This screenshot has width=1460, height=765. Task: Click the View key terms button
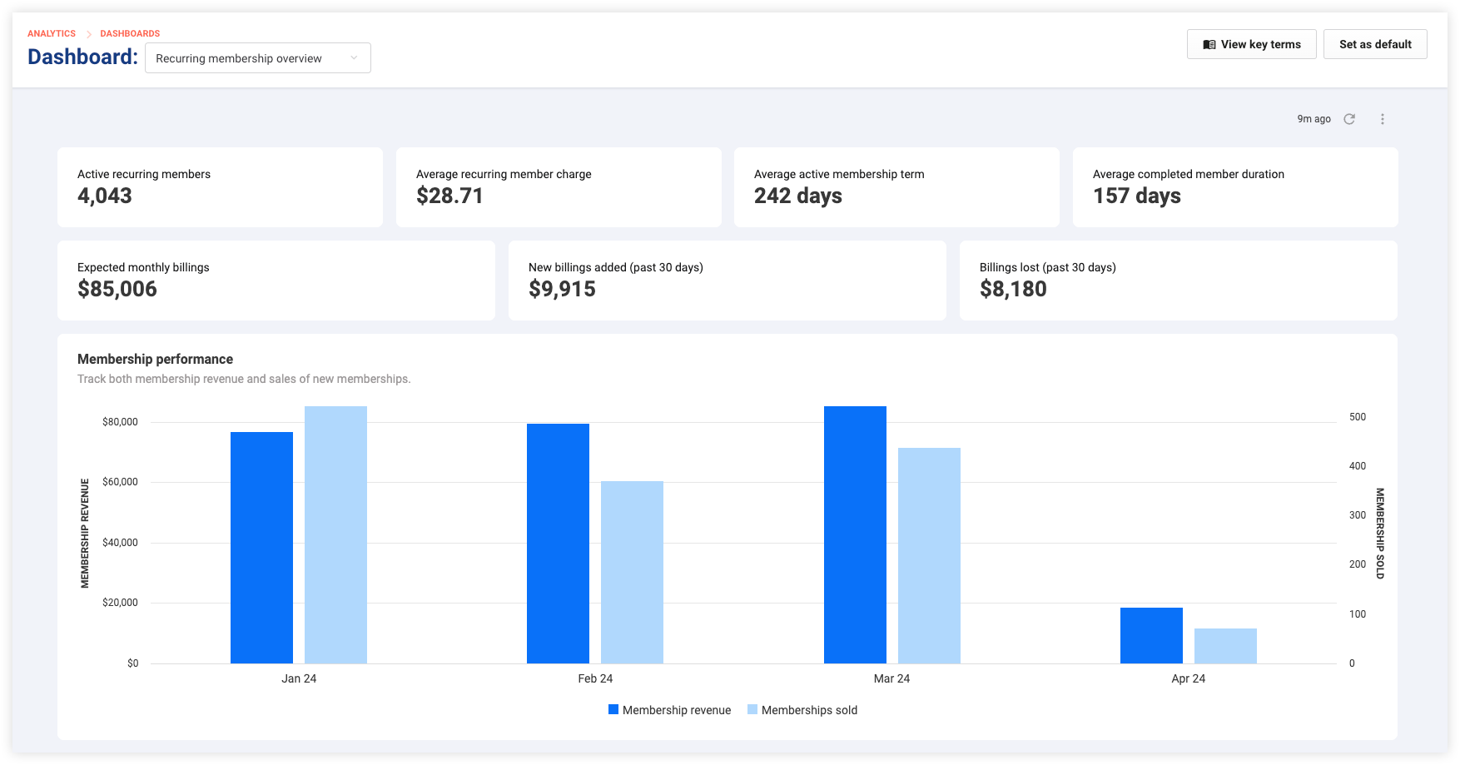pyautogui.click(x=1251, y=44)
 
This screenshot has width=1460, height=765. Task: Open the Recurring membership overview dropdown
pyautogui.click(x=258, y=58)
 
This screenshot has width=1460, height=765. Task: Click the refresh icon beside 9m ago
pyautogui.click(x=1349, y=119)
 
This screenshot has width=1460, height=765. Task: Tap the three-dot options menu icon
pyautogui.click(x=1383, y=119)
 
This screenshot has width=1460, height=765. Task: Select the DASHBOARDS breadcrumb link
pyautogui.click(x=130, y=33)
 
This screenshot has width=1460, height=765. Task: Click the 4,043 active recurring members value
pyautogui.click(x=105, y=196)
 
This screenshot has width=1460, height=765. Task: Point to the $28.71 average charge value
pyautogui.click(x=449, y=196)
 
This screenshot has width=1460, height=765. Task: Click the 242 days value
pyautogui.click(x=798, y=196)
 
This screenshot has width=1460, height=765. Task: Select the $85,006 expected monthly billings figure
pyautogui.click(x=117, y=289)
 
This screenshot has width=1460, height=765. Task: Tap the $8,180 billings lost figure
pyautogui.click(x=1013, y=289)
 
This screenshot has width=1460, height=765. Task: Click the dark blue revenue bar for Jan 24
pyautogui.click(x=261, y=548)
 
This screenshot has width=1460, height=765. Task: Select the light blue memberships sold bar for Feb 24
pyautogui.click(x=632, y=572)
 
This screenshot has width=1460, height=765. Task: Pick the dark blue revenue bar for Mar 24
pyautogui.click(x=855, y=534)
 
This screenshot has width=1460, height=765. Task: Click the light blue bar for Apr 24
pyautogui.click(x=1225, y=646)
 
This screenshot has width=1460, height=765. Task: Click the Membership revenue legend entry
pyautogui.click(x=670, y=710)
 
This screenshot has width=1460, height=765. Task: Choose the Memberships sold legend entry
pyautogui.click(x=802, y=710)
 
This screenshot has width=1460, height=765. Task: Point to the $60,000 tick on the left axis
pyautogui.click(x=120, y=482)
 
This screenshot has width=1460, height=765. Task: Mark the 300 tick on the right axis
pyautogui.click(x=1358, y=515)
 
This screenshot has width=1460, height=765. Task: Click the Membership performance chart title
pyautogui.click(x=155, y=359)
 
